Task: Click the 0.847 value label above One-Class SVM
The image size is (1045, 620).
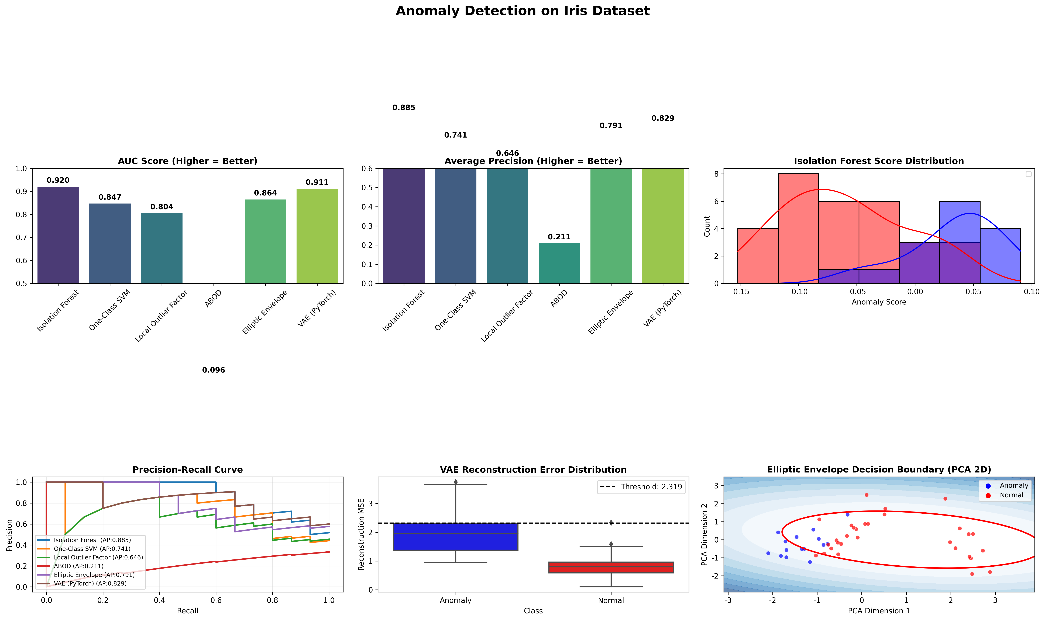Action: tap(110, 197)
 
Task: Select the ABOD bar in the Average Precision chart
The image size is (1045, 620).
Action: tap(559, 263)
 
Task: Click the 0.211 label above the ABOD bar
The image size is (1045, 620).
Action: tap(559, 237)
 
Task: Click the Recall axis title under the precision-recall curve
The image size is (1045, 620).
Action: tap(187, 611)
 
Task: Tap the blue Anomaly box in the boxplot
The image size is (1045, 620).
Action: tap(455, 537)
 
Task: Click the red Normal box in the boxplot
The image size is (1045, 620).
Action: tap(611, 567)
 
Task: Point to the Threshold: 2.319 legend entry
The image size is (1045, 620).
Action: tap(641, 487)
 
